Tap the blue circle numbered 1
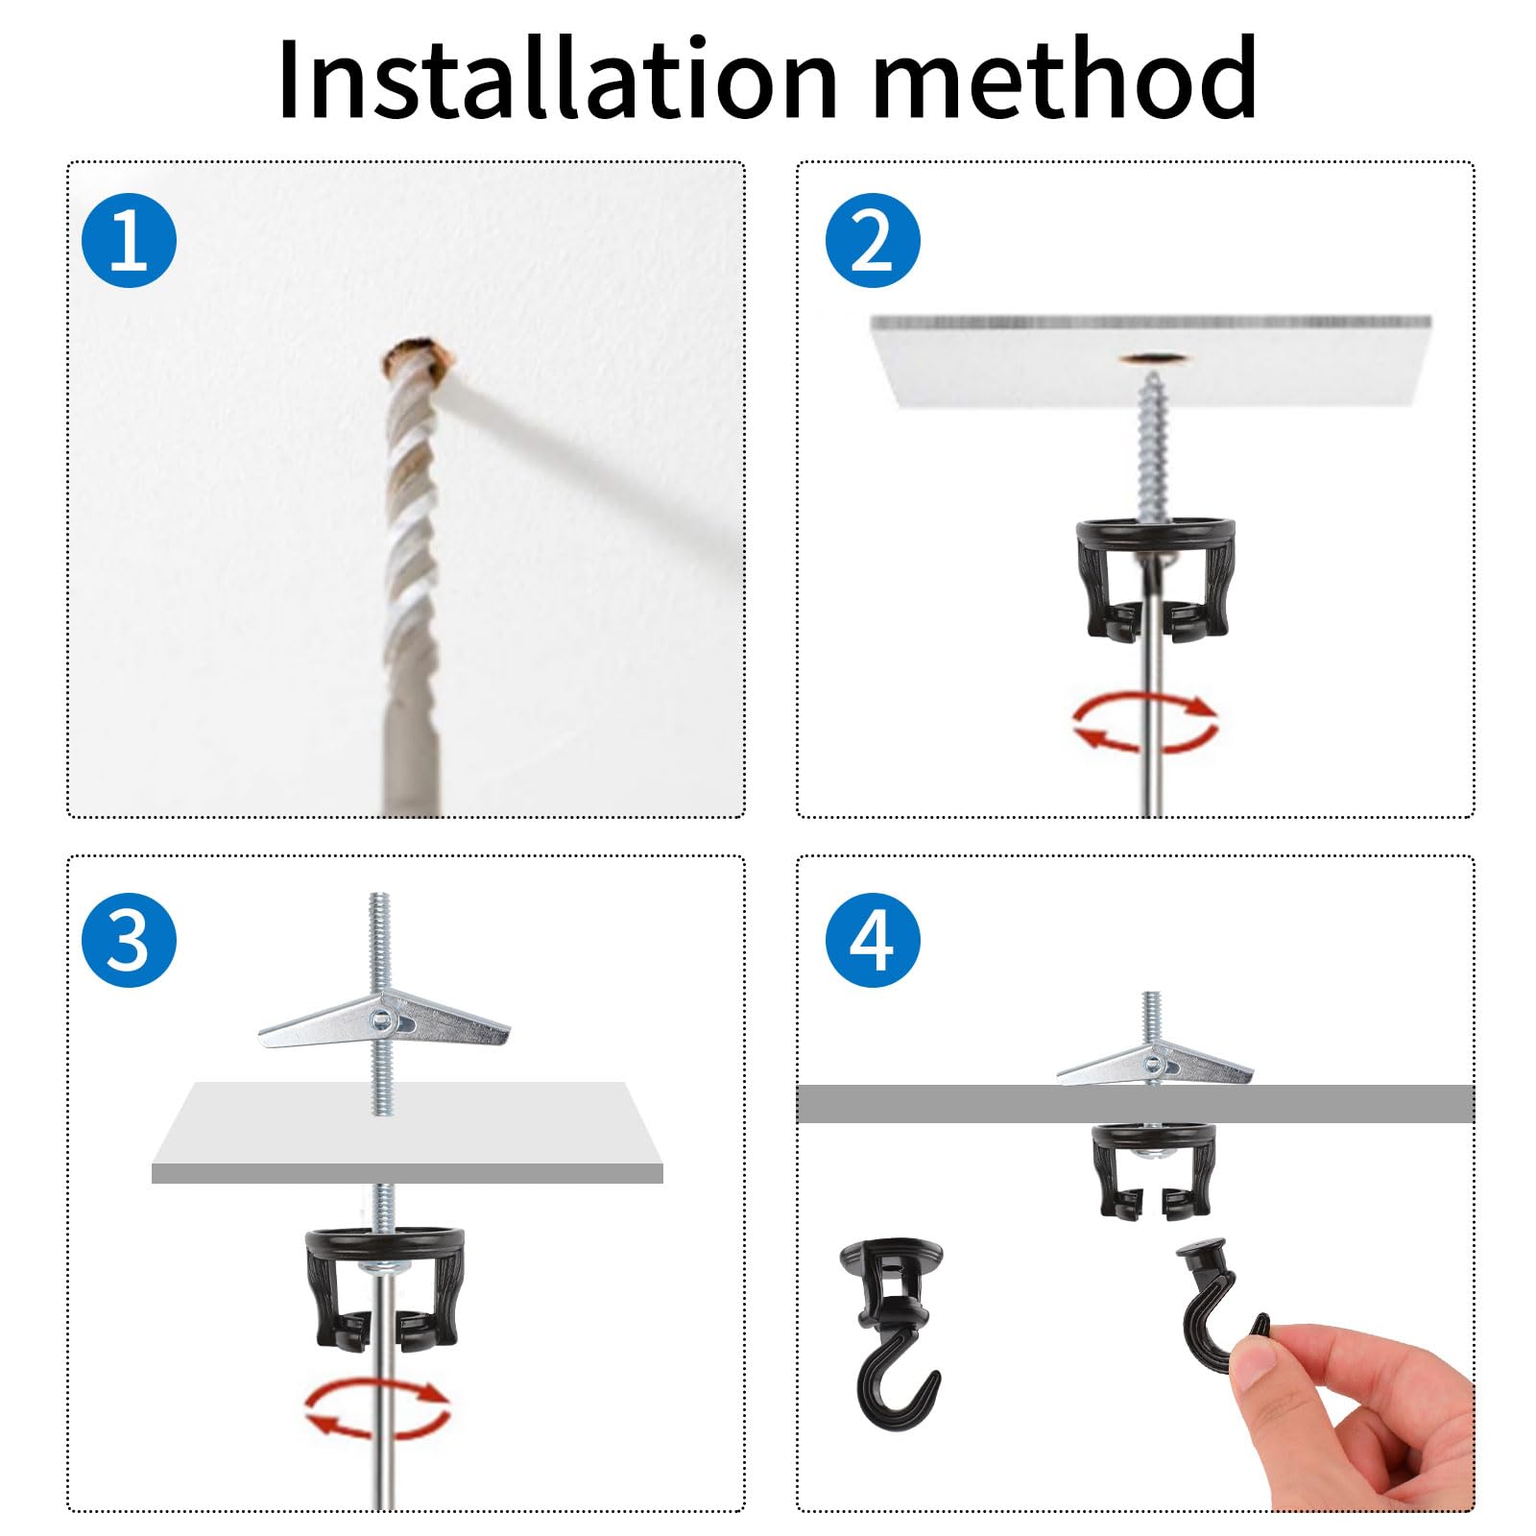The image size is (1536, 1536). (x=129, y=240)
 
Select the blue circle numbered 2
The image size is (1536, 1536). (x=872, y=240)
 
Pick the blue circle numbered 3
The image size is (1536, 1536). (x=129, y=939)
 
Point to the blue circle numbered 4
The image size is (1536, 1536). (x=872, y=939)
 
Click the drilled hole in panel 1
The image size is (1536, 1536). (x=418, y=357)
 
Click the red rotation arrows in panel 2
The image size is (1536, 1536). (x=1145, y=721)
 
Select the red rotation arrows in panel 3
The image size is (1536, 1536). (x=377, y=1407)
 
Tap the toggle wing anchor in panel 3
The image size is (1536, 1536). (x=384, y=1021)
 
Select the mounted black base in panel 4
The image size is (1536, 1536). (x=1154, y=1171)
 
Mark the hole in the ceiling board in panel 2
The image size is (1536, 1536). (x=1152, y=359)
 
